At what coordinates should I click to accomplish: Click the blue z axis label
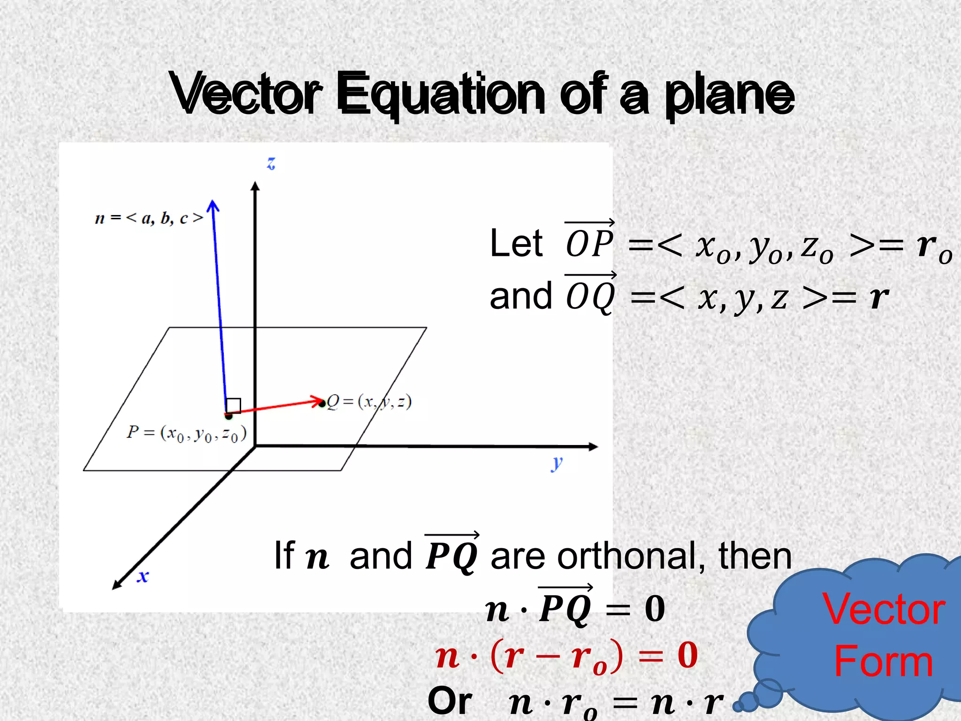click(x=271, y=163)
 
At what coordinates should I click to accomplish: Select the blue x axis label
click(x=143, y=576)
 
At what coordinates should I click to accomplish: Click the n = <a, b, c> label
click(x=149, y=218)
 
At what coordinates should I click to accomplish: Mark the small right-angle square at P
click(x=233, y=406)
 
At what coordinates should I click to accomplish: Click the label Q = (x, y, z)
click(x=369, y=402)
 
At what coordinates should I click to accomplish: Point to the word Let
click(x=516, y=244)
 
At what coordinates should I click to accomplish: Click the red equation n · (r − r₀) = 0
click(x=566, y=655)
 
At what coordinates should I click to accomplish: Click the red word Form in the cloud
click(x=883, y=661)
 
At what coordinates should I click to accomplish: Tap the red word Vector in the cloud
click(x=883, y=609)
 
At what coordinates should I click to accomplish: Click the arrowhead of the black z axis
click(x=255, y=186)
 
